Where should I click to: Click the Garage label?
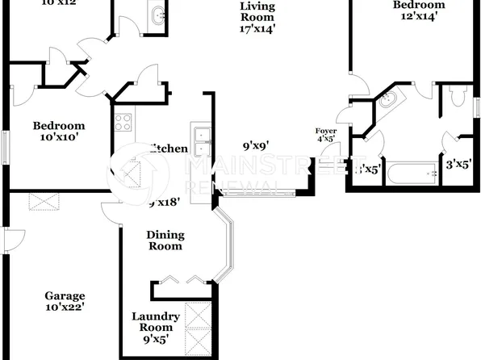pos(65,296)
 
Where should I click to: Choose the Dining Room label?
pos(165,241)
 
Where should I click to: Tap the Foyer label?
pos(326,130)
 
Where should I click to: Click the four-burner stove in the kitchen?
pos(123,123)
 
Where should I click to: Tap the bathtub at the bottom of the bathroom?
pos(411,174)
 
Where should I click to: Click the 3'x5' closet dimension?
pos(458,164)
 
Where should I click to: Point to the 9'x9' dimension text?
pos(255,147)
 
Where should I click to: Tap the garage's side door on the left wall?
pos(6,240)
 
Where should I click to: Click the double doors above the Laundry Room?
pos(181,281)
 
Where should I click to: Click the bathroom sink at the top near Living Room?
pos(157,15)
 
